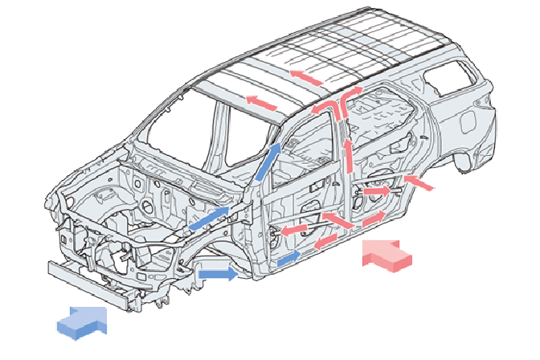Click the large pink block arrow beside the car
(x=388, y=255)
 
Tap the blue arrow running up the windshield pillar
(x=269, y=161)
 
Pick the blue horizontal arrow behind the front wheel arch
(x=218, y=274)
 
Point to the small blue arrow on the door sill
(x=289, y=258)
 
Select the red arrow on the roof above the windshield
(x=260, y=102)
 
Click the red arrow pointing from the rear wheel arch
(x=420, y=182)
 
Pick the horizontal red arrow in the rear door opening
(x=377, y=192)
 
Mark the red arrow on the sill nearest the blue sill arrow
(x=325, y=240)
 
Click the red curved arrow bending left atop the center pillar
(x=322, y=108)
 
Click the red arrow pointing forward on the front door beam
(x=295, y=229)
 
